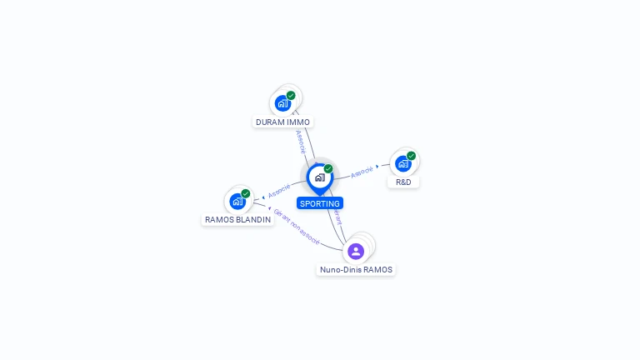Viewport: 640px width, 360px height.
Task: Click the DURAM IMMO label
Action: (x=282, y=122)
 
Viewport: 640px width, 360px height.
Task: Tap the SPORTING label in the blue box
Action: (x=320, y=203)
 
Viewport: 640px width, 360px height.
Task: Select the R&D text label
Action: (x=403, y=182)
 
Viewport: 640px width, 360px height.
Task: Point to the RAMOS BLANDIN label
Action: (x=237, y=220)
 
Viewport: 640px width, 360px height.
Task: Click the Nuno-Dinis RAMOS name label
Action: (x=356, y=270)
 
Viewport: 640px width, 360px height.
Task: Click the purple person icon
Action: (x=356, y=251)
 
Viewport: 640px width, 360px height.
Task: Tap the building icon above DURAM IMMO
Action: (x=282, y=103)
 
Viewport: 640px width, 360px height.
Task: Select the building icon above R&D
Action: (x=402, y=163)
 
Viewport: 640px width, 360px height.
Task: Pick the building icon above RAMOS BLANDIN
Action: (x=237, y=201)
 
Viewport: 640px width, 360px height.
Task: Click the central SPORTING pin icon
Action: (x=319, y=177)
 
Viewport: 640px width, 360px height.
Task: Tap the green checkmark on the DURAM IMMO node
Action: (x=291, y=95)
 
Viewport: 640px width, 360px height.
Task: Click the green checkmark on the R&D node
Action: (x=411, y=156)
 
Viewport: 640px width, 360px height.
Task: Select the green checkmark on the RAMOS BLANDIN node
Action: (x=246, y=193)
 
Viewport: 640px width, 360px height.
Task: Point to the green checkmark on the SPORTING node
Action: (x=328, y=169)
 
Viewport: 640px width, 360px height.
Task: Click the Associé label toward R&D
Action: (x=362, y=172)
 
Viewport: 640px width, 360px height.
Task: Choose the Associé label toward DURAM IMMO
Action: (x=300, y=140)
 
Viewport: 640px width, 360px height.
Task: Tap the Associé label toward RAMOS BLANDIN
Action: (x=279, y=191)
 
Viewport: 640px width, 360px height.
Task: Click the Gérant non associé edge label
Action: (x=297, y=226)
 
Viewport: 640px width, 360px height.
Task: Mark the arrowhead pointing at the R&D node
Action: (x=377, y=167)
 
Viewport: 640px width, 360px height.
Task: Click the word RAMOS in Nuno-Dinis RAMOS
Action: (x=377, y=270)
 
